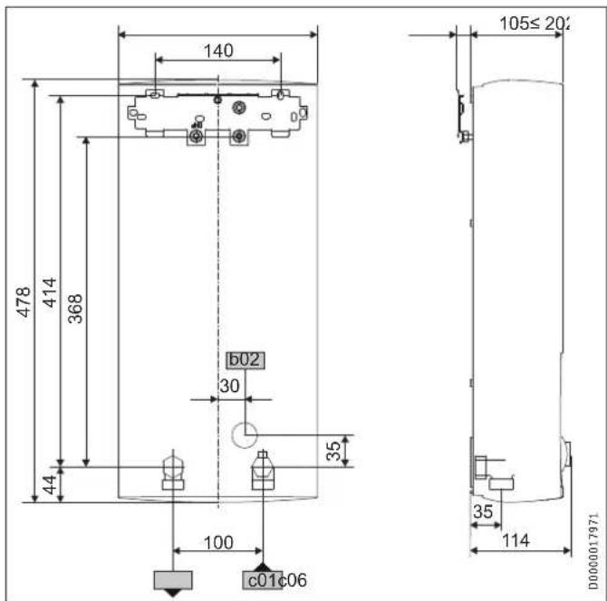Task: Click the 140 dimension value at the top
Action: click(x=217, y=51)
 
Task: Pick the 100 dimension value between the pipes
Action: click(x=217, y=543)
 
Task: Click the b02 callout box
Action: click(x=245, y=359)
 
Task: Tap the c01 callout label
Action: click(x=255, y=580)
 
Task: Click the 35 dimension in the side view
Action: click(x=485, y=513)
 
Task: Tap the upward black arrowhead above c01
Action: click(x=263, y=565)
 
